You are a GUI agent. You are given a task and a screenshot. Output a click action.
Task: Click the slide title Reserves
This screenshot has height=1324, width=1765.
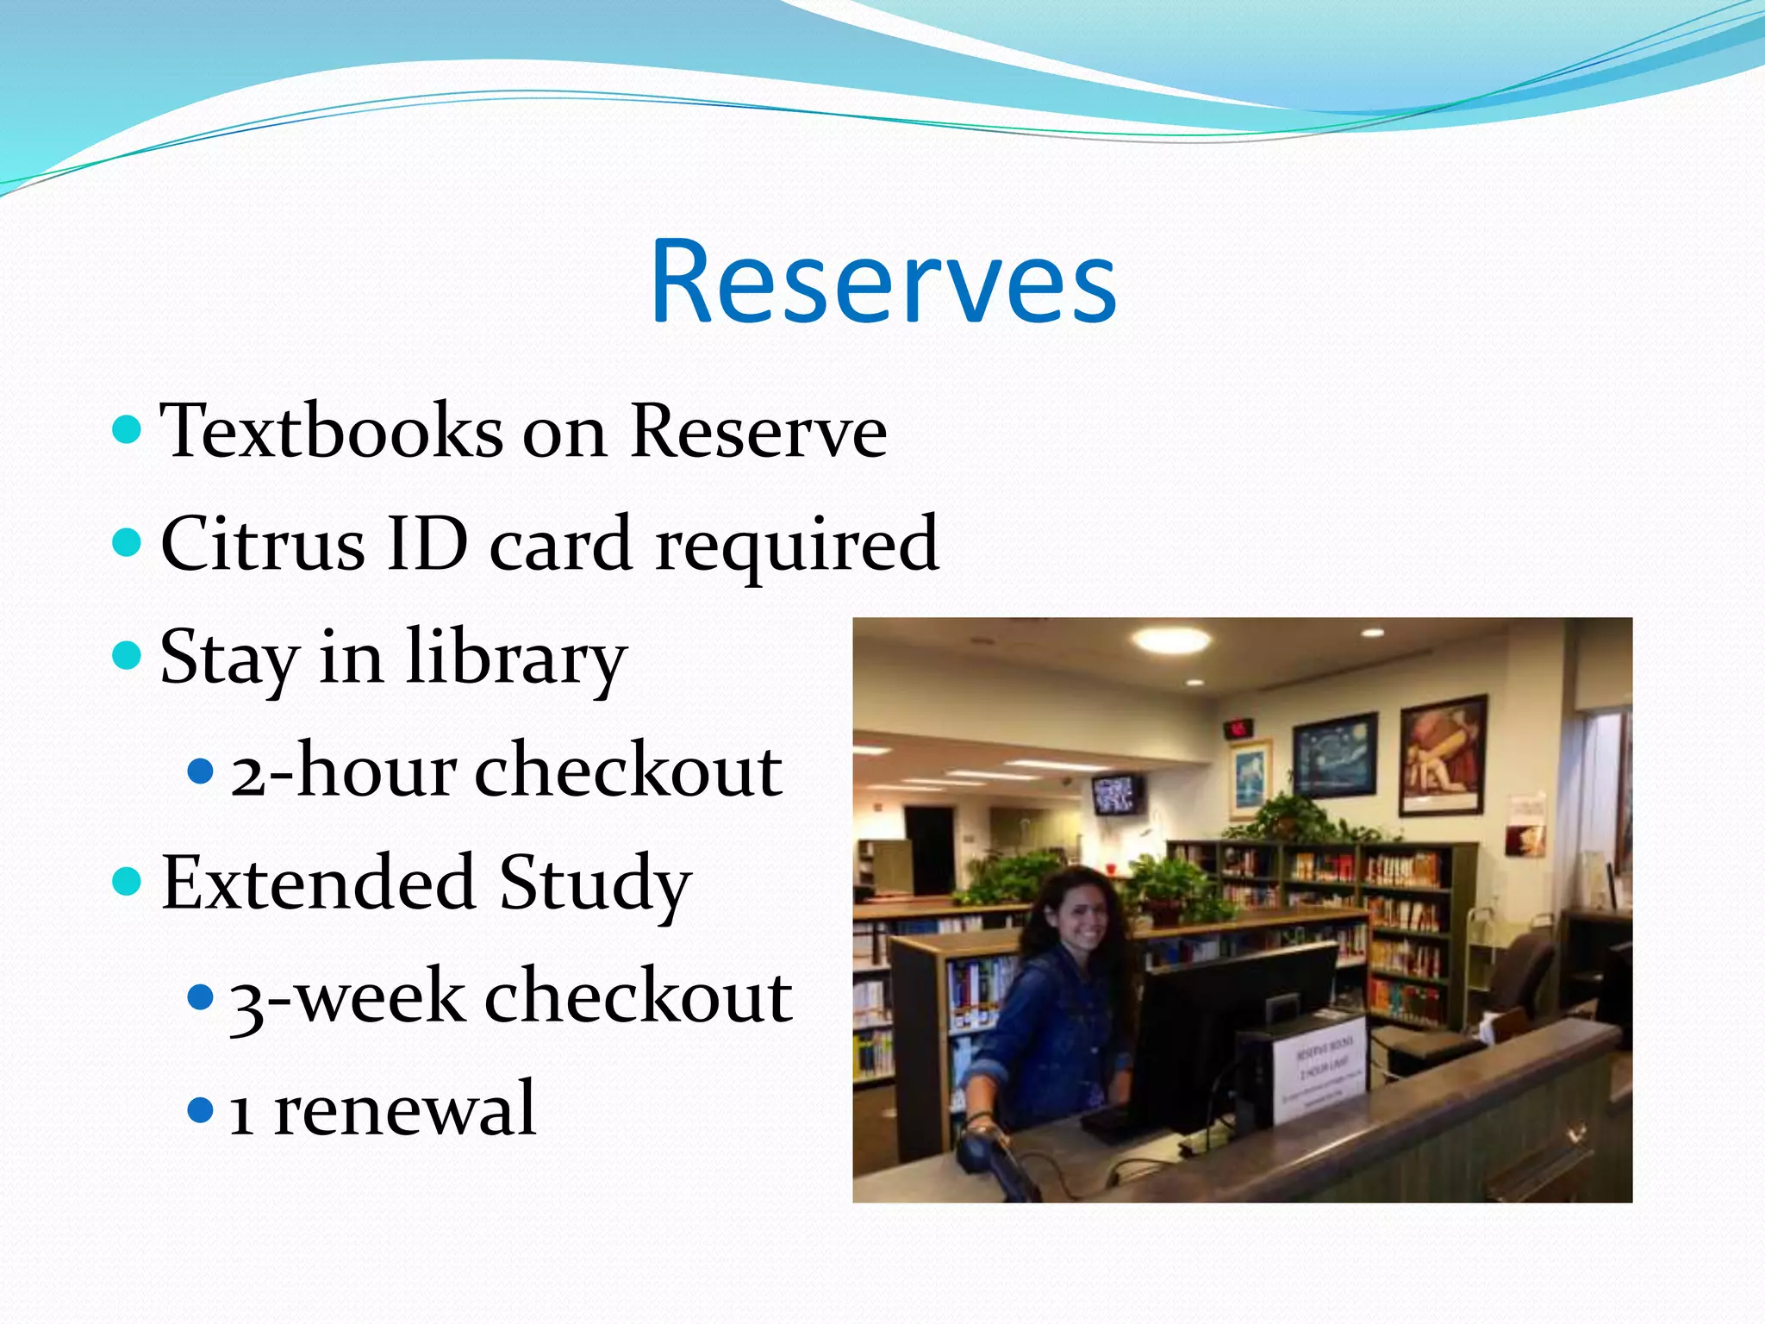(883, 283)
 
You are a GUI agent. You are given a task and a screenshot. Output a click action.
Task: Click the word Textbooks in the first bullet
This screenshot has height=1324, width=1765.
(332, 431)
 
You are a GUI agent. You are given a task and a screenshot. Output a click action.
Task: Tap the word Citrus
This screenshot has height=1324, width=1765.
(263, 545)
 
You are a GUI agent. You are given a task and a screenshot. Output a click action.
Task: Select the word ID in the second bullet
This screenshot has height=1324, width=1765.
(427, 543)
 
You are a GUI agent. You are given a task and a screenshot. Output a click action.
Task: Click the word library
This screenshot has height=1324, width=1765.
(515, 659)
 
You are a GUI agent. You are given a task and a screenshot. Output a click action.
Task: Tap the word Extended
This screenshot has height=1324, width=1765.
(319, 883)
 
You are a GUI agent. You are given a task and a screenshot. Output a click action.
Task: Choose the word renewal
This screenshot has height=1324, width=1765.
(405, 1109)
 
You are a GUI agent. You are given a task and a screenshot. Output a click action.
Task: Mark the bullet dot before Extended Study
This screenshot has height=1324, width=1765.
(127, 882)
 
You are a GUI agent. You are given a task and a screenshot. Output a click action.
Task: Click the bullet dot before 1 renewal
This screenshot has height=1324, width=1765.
(199, 1109)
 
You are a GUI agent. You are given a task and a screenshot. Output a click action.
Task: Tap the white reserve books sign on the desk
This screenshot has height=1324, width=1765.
(1319, 1069)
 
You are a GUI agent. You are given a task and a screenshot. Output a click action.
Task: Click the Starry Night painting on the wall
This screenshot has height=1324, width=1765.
(1334, 756)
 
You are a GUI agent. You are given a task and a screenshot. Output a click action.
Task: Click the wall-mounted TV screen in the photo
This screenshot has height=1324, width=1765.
(1118, 794)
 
